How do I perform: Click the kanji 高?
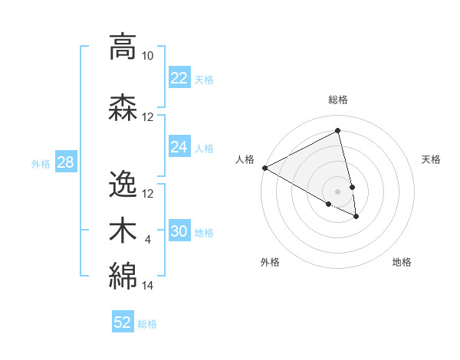coord(123,47)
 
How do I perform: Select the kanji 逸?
coord(123,185)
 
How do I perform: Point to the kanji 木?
coord(123,230)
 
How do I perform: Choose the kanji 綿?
coord(123,275)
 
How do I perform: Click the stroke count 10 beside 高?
coord(148,56)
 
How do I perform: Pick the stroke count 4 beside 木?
coord(148,241)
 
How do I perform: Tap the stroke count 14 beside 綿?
coord(148,286)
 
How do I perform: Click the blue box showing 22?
coord(179,78)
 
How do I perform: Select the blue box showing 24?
coord(179,147)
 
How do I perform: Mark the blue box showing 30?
coord(179,231)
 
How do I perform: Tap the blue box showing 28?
coord(64,162)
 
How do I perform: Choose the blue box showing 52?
coord(123,322)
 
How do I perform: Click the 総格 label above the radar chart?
coord(338,100)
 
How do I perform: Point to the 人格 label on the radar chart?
coord(245,159)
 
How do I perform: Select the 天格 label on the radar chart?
coord(431,159)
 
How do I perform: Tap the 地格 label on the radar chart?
coord(402,262)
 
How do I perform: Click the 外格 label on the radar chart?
coord(270,262)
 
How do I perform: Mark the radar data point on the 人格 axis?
coord(264,168)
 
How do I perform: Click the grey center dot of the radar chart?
coord(338,191)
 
